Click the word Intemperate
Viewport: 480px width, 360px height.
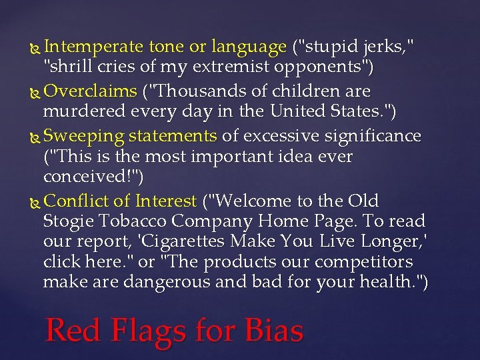pos(93,47)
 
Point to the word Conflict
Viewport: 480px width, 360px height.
pos(71,201)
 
